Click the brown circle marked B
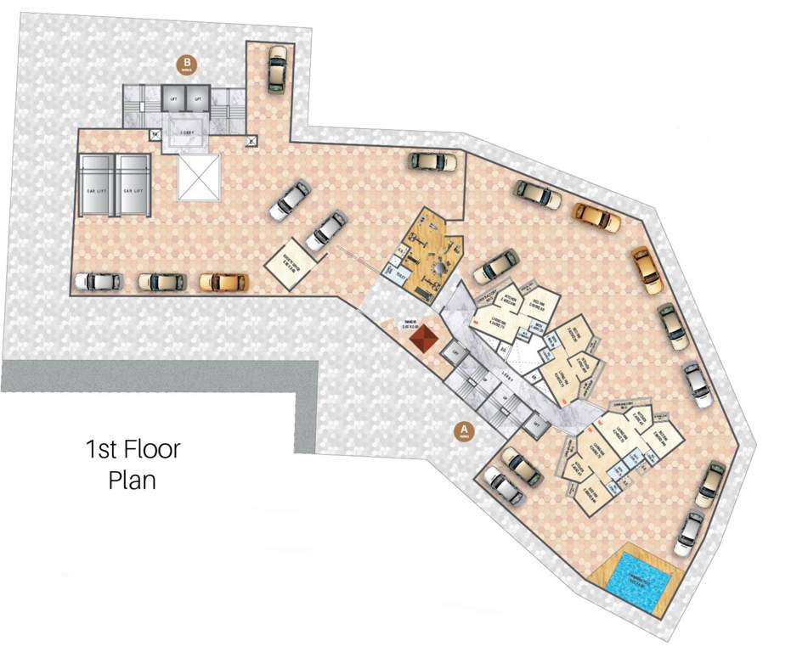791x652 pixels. [185, 64]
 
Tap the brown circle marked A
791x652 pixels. [464, 430]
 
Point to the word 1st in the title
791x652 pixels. [101, 449]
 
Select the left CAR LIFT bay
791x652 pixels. [96, 190]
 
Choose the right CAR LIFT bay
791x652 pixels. [132, 190]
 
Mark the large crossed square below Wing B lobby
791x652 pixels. [198, 177]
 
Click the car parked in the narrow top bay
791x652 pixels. [277, 69]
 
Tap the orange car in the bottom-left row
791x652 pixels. [223, 281]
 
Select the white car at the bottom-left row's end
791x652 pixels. [97, 281]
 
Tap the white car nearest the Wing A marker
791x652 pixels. [505, 486]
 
